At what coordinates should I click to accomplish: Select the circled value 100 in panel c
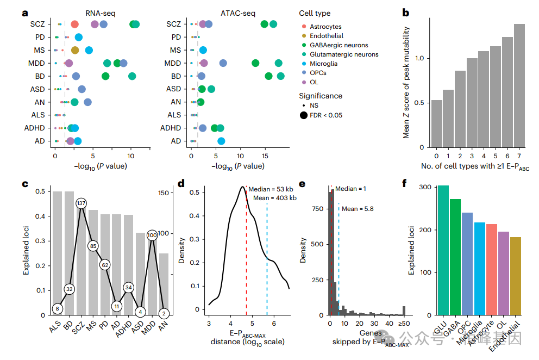pos(153,235)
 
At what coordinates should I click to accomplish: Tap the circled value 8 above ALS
pos(57,309)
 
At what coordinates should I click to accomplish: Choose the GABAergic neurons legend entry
pos(338,45)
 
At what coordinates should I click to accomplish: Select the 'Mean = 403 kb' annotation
pos(274,198)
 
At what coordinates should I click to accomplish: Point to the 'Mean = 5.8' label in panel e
pos(358,208)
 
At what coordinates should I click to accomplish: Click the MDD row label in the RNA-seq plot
pos(37,63)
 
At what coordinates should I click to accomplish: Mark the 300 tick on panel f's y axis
pos(412,188)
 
